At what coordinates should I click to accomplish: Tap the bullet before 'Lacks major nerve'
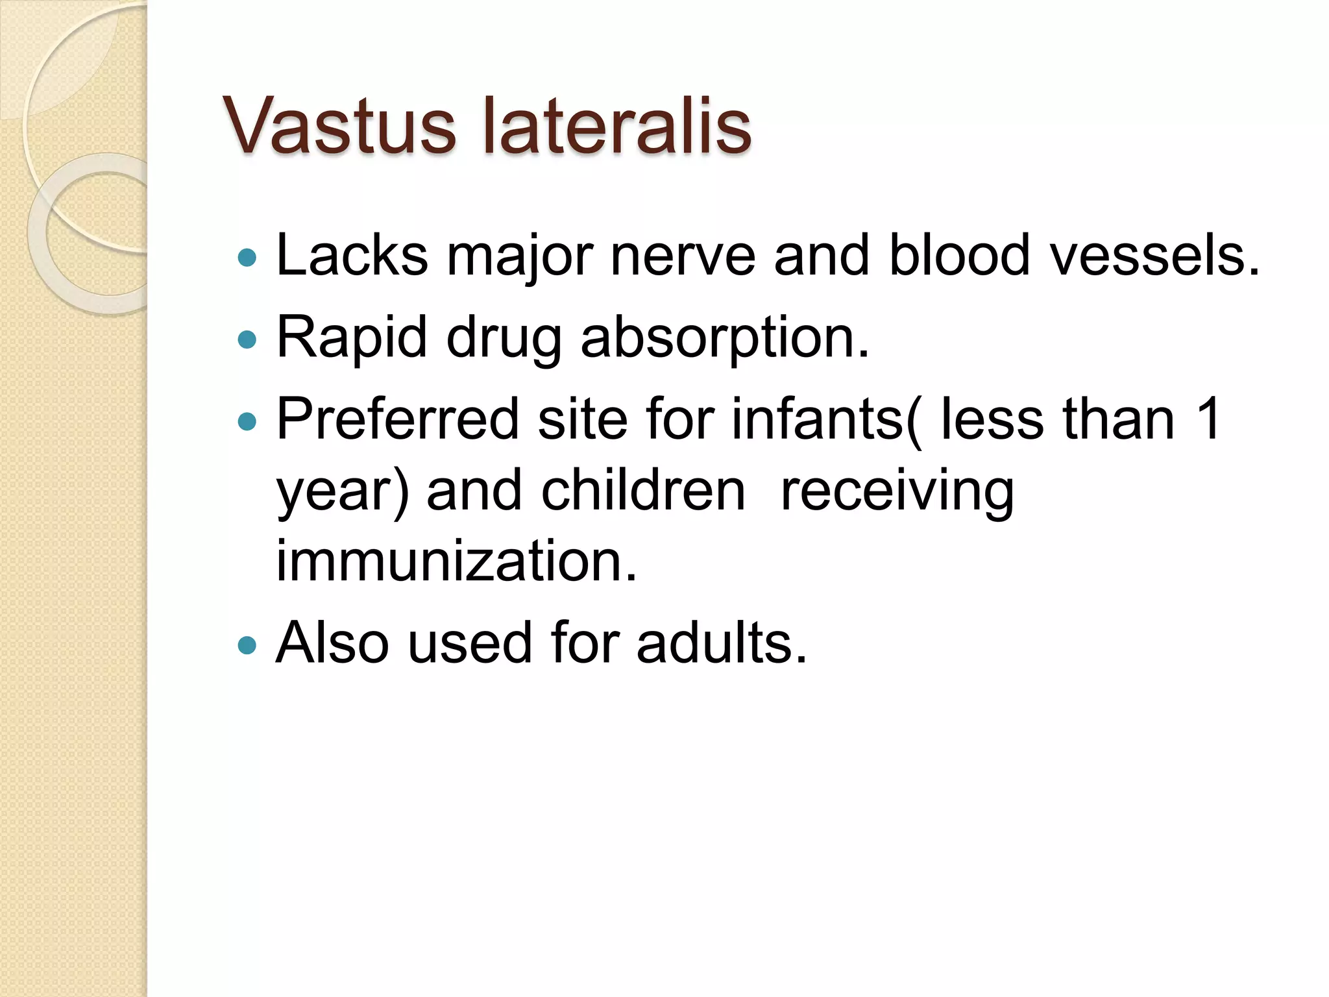click(x=247, y=258)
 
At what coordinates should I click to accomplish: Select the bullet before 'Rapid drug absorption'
click(x=247, y=339)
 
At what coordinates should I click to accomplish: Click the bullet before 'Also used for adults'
click(x=247, y=645)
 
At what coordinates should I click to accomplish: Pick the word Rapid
click(x=351, y=338)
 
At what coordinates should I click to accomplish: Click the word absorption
click(x=724, y=338)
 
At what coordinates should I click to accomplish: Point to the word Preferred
click(x=398, y=419)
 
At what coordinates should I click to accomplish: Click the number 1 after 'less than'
click(x=1208, y=419)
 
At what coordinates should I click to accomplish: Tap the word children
click(x=643, y=491)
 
